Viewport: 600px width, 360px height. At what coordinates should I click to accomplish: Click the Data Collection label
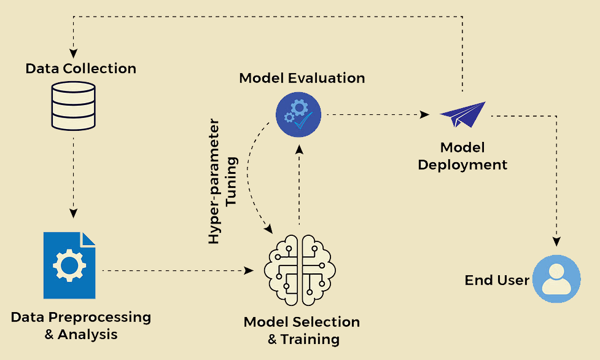[81, 68]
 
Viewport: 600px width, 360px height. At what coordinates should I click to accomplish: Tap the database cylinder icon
[73, 106]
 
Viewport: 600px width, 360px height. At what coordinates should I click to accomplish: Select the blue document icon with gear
[69, 265]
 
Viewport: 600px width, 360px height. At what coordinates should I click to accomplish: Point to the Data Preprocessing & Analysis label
[81, 326]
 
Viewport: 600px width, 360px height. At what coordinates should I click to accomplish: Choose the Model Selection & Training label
[302, 330]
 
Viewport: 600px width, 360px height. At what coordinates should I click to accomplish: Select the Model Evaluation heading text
[302, 78]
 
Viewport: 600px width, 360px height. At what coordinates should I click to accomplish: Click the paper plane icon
[463, 114]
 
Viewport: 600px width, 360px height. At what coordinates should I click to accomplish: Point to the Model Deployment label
[462, 156]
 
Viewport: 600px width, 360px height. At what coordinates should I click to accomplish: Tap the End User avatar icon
[556, 279]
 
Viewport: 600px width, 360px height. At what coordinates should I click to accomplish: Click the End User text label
[497, 280]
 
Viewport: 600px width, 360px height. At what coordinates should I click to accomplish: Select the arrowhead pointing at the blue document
[74, 214]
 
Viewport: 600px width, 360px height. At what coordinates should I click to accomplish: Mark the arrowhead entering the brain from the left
[249, 270]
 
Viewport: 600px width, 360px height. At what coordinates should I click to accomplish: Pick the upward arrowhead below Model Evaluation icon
[299, 148]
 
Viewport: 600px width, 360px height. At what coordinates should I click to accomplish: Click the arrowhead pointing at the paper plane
[424, 115]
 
